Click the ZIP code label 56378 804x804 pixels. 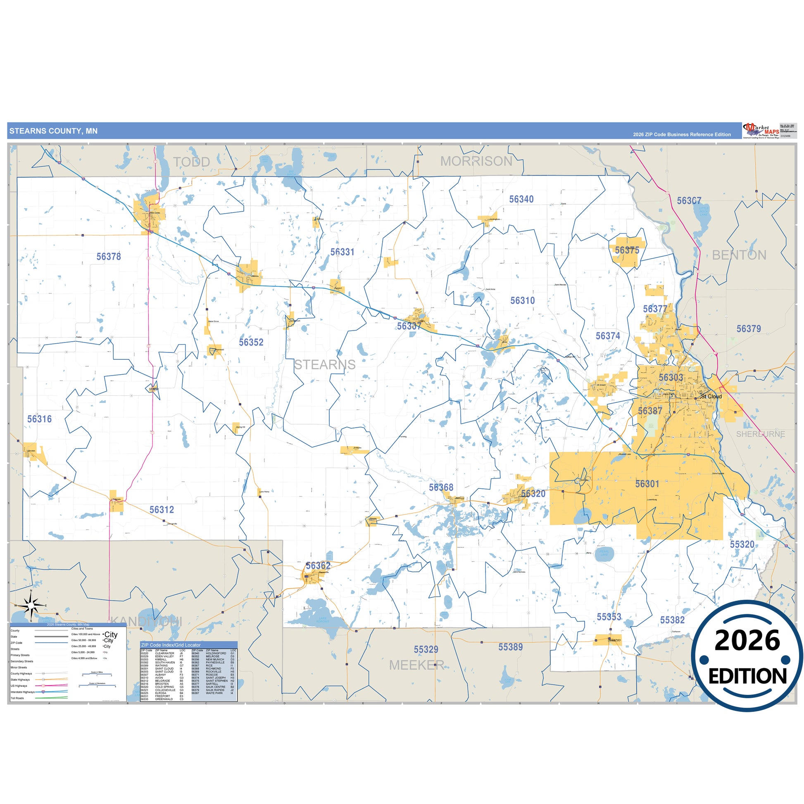pyautogui.click(x=109, y=256)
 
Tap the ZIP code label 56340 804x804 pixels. pyautogui.click(x=521, y=199)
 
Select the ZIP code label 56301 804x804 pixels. pyautogui.click(x=647, y=483)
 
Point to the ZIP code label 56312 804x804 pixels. pyautogui.click(x=162, y=509)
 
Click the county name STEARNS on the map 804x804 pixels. pyautogui.click(x=325, y=364)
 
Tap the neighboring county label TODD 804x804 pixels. pyautogui.click(x=191, y=162)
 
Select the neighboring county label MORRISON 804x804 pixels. pyautogui.click(x=476, y=161)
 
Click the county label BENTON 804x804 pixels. pyautogui.click(x=739, y=255)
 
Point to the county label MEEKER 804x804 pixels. pyautogui.click(x=416, y=665)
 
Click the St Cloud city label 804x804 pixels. pyautogui.click(x=711, y=396)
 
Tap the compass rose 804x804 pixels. pyautogui.click(x=31, y=605)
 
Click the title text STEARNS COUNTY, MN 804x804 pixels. pyautogui.click(x=53, y=131)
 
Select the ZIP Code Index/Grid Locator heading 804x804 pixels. pyautogui.click(x=171, y=645)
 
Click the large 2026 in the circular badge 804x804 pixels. pyautogui.click(x=747, y=640)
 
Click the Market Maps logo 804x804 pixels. pyautogui.click(x=761, y=130)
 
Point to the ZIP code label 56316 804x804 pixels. pyautogui.click(x=40, y=419)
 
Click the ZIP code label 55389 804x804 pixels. pyautogui.click(x=510, y=647)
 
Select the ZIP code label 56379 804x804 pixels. pyautogui.click(x=748, y=329)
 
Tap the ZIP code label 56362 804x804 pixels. pyautogui.click(x=318, y=566)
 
